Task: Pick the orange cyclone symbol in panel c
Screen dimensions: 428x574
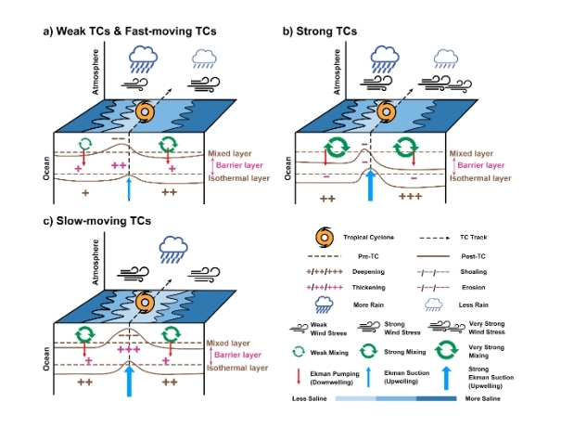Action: [143, 302]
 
